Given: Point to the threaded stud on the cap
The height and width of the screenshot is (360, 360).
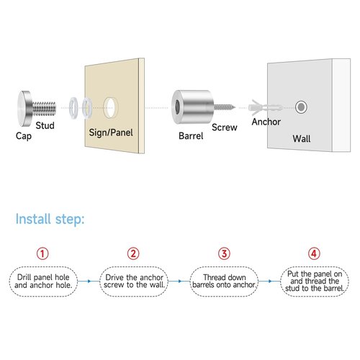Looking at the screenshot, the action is pyautogui.click(x=45, y=108).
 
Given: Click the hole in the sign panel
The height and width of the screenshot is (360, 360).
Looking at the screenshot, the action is pyautogui.click(x=111, y=108).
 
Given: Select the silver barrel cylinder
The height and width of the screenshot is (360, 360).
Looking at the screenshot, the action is pyautogui.click(x=193, y=107).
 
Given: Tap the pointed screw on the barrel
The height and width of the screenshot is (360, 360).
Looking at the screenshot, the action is pyautogui.click(x=225, y=107).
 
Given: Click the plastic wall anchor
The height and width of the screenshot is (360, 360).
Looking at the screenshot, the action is pyautogui.click(x=265, y=107).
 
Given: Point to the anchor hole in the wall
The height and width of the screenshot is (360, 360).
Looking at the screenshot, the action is pyautogui.click(x=301, y=107).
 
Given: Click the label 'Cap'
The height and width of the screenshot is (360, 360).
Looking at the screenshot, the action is pyautogui.click(x=24, y=136).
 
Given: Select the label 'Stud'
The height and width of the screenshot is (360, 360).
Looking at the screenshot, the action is pyautogui.click(x=45, y=125).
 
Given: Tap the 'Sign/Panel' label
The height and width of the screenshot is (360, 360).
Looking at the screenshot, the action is pyautogui.click(x=111, y=132).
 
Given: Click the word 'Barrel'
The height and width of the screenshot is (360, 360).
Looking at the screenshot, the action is pyautogui.click(x=191, y=136).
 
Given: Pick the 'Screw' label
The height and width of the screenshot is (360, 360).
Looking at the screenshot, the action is pyautogui.click(x=225, y=127).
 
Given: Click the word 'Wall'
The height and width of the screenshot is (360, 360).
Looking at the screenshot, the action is pyautogui.click(x=302, y=139).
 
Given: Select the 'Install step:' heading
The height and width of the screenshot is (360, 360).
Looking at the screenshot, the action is pyautogui.click(x=50, y=219).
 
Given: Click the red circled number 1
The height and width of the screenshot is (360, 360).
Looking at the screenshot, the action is pyautogui.click(x=42, y=253).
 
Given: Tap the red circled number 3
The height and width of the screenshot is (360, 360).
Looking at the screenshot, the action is pyautogui.click(x=224, y=253).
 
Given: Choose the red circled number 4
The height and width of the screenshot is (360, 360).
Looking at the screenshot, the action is pyautogui.click(x=314, y=253).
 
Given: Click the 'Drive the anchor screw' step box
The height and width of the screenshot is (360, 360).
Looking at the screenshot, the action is pyautogui.click(x=134, y=282).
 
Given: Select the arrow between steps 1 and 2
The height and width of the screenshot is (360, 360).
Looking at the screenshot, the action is pyautogui.click(x=89, y=281).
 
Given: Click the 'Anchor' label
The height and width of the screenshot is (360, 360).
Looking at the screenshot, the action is pyautogui.click(x=266, y=122).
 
